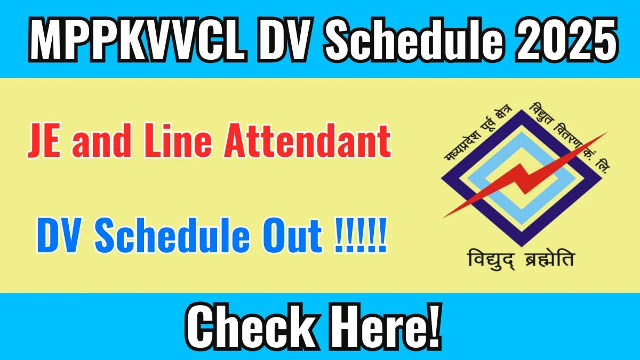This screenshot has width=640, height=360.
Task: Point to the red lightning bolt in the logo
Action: (x=525, y=176)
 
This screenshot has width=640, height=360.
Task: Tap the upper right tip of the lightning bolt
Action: (x=605, y=134)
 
